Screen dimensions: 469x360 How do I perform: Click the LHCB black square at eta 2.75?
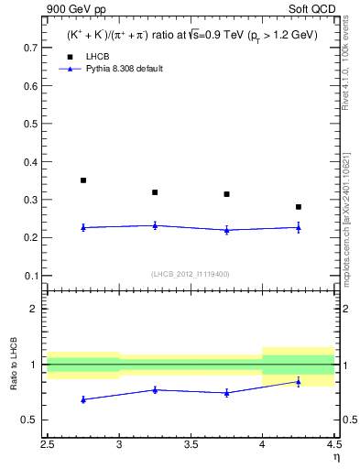tap(83, 180)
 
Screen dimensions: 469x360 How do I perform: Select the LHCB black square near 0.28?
tap(299, 207)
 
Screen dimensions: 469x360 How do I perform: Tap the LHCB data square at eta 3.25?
tap(155, 192)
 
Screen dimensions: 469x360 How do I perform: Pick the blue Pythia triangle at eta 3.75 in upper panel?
tap(226, 230)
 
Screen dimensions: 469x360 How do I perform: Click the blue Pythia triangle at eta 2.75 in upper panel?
tap(83, 227)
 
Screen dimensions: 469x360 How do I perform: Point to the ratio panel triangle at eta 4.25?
tap(299, 381)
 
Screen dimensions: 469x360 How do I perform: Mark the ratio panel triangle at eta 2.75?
tap(83, 399)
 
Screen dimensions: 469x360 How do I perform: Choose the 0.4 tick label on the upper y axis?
tap(30, 161)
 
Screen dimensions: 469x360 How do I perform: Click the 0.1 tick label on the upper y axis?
tap(30, 276)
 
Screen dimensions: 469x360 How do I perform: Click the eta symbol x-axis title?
tap(335, 457)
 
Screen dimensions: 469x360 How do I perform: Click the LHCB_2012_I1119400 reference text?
tap(191, 273)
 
